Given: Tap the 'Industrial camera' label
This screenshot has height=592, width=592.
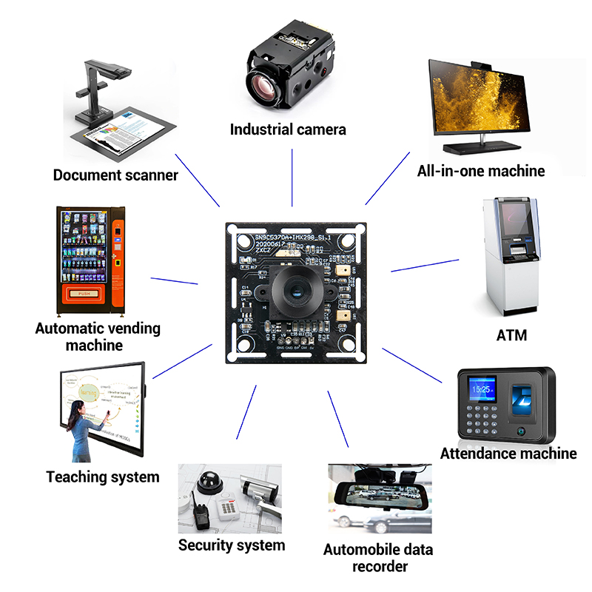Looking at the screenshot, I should pyautogui.click(x=288, y=129).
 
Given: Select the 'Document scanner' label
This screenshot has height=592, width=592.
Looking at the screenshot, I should pyautogui.click(x=115, y=175).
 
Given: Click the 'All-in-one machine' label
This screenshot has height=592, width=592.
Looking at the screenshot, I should pyautogui.click(x=481, y=171).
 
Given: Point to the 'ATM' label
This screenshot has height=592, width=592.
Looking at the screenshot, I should pyautogui.click(x=511, y=335).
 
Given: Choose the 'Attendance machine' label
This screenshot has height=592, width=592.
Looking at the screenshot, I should pyautogui.click(x=508, y=453).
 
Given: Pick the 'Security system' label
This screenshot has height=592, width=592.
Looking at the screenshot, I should pyautogui.click(x=232, y=545).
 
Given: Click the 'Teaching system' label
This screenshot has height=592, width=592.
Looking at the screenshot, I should pyautogui.click(x=103, y=477).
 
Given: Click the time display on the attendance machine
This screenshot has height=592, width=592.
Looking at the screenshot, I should pyautogui.click(x=482, y=388).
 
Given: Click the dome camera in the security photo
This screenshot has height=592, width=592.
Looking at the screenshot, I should pyautogui.click(x=210, y=480).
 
